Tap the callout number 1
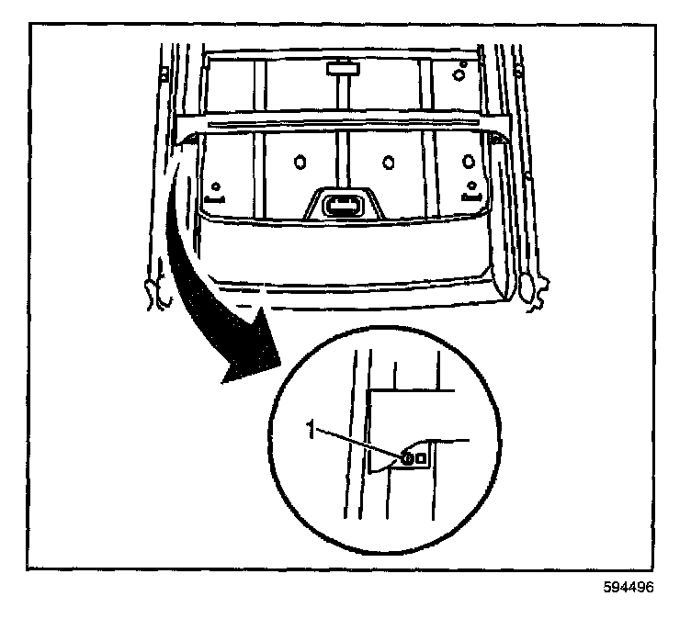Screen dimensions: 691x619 pyautogui.click(x=312, y=429)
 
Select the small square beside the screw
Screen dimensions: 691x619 pyautogui.click(x=422, y=456)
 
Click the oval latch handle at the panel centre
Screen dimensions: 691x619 pyautogui.click(x=345, y=204)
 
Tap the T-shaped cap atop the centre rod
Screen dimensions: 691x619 pyautogui.click(x=343, y=68)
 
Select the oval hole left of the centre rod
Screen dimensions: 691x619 pyautogui.click(x=299, y=163)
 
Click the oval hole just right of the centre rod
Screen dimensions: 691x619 pyautogui.click(x=387, y=163)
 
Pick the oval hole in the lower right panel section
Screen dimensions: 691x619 pyautogui.click(x=465, y=163)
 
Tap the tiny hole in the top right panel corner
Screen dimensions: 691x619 pyautogui.click(x=465, y=63)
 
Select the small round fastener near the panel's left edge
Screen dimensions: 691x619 pyautogui.click(x=217, y=186)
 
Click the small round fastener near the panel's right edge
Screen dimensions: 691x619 pyautogui.click(x=471, y=186)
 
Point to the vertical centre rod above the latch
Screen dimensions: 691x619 pyautogui.click(x=343, y=138)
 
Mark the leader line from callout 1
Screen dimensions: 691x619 pyautogui.click(x=358, y=443)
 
